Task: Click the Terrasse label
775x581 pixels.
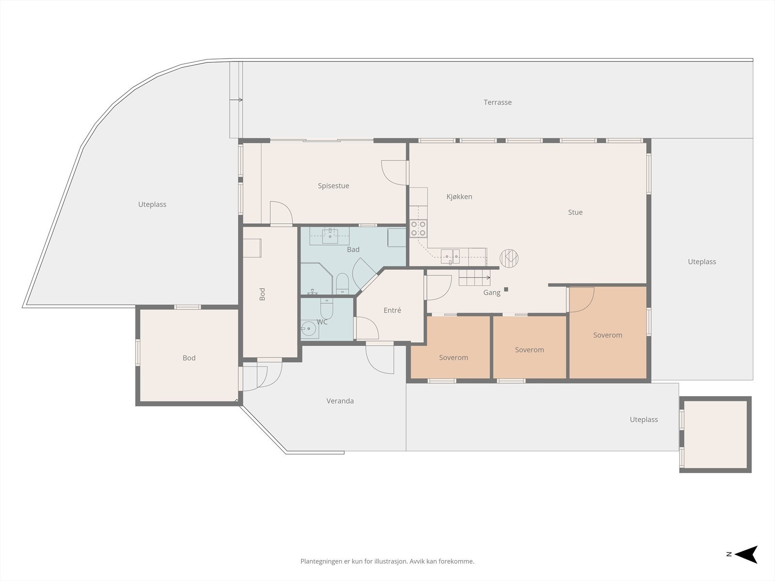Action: (x=497, y=102)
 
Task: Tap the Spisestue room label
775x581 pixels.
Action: (x=333, y=186)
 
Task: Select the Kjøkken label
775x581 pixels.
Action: (x=459, y=197)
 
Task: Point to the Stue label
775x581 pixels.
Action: (x=575, y=213)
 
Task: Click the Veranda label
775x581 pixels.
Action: (x=340, y=401)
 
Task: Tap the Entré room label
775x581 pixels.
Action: (x=392, y=310)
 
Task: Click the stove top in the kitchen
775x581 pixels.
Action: (x=418, y=228)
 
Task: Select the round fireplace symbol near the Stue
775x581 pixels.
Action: (x=509, y=258)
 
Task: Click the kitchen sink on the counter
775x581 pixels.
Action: (x=450, y=257)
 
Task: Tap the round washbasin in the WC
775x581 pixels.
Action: (x=310, y=329)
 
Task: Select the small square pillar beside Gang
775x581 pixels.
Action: (x=506, y=289)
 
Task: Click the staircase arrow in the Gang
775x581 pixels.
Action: (x=475, y=277)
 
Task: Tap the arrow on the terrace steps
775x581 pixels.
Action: (x=236, y=100)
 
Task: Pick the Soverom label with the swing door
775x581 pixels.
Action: (x=607, y=335)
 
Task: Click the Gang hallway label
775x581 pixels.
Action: (x=492, y=292)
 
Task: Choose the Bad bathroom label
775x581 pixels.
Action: (x=353, y=250)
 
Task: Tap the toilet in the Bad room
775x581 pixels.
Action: (x=342, y=283)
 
